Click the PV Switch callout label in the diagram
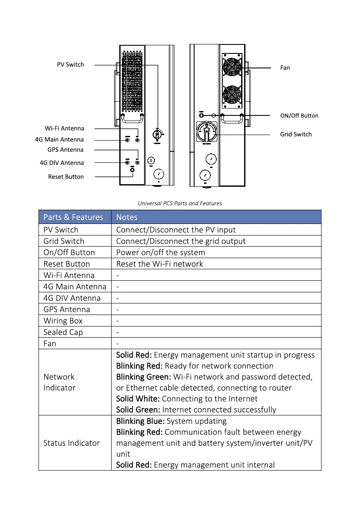(71, 65)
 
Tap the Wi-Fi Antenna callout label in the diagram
(65, 128)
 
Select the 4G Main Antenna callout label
(59, 139)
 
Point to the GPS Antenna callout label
(65, 150)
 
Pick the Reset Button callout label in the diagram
(66, 177)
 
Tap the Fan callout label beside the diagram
(285, 68)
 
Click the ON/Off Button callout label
(299, 115)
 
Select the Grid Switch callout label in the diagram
(296, 134)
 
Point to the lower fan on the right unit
(232, 95)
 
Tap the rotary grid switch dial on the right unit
(207, 133)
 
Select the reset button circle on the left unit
(132, 170)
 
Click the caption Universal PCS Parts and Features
(180, 203)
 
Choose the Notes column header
(127, 217)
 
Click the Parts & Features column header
(73, 217)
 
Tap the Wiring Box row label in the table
(63, 321)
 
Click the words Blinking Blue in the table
(140, 421)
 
